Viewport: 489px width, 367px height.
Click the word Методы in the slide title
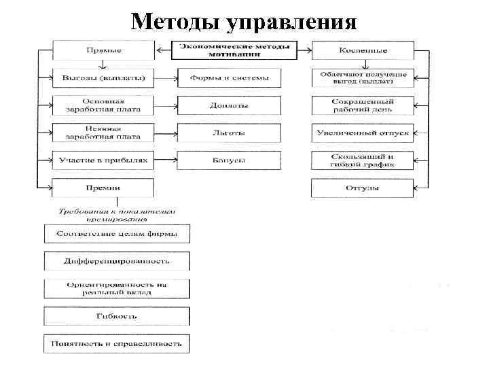coord(176,22)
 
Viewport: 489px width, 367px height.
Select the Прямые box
coord(104,50)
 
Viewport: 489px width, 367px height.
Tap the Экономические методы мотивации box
coord(234,50)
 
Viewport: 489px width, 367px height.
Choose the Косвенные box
coord(363,50)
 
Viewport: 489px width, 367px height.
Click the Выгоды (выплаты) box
coord(104,77)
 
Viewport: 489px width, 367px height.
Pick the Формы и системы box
coord(229,77)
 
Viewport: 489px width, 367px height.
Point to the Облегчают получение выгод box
coord(363,77)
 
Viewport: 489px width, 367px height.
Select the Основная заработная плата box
coord(104,105)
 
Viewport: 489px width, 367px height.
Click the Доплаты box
coord(229,105)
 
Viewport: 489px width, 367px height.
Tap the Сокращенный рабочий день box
coord(363,105)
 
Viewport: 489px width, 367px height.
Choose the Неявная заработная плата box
coord(104,133)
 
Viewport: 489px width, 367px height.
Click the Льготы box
coord(229,133)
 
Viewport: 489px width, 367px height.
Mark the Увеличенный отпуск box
coord(363,133)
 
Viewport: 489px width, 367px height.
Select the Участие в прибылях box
coord(104,160)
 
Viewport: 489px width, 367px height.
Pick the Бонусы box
coord(229,160)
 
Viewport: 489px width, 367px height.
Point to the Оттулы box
coord(363,188)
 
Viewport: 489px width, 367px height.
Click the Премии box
coord(104,188)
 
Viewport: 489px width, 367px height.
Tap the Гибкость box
coord(116,316)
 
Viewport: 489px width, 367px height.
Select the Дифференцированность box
coord(116,261)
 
